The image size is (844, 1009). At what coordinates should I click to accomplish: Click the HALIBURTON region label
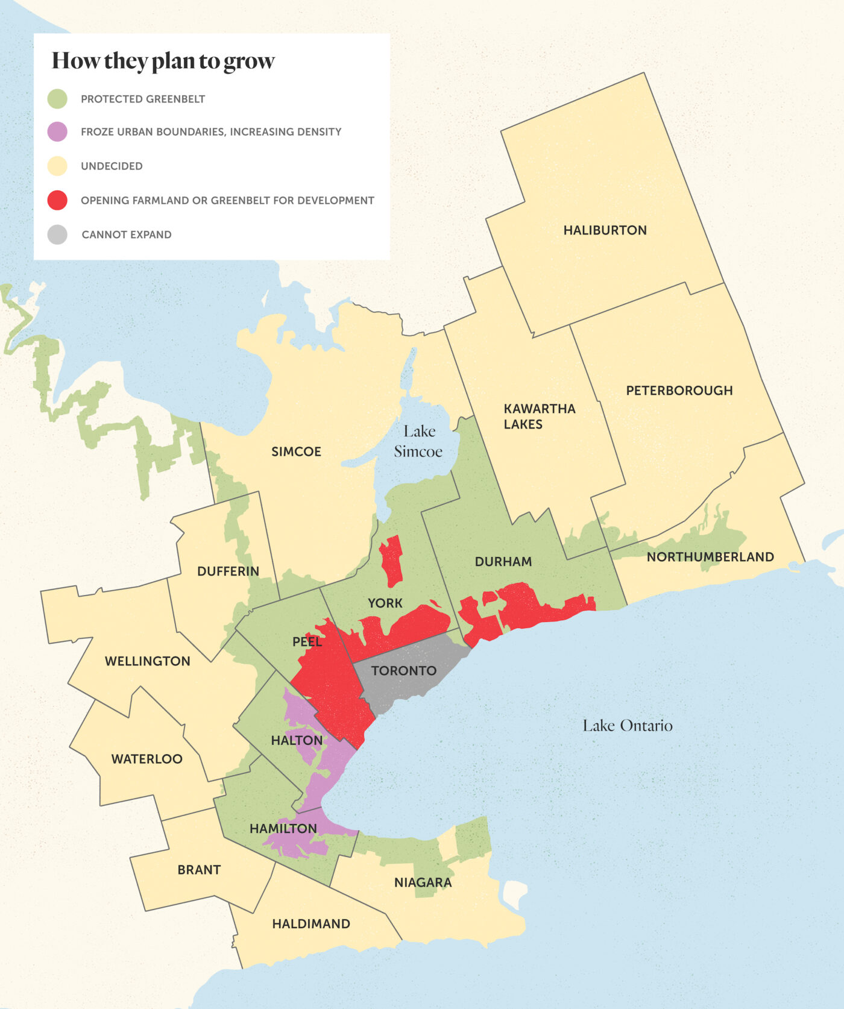pyautogui.click(x=605, y=230)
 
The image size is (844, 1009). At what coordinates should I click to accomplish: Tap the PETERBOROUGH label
pyautogui.click(x=679, y=391)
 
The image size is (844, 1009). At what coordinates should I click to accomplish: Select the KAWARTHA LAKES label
pyautogui.click(x=539, y=416)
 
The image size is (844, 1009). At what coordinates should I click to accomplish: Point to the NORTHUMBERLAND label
pyautogui.click(x=710, y=557)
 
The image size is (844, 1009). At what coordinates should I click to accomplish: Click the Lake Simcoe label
pyautogui.click(x=418, y=441)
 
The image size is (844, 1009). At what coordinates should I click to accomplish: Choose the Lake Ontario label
pyautogui.click(x=627, y=726)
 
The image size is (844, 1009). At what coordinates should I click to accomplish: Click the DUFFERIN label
pyautogui.click(x=228, y=571)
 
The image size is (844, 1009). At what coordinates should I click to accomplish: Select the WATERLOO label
pyautogui.click(x=146, y=759)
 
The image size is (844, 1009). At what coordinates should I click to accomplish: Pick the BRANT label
pyautogui.click(x=199, y=870)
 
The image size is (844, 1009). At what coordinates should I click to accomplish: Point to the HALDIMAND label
pyautogui.click(x=310, y=924)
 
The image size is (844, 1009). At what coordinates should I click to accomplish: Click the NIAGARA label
pyautogui.click(x=423, y=883)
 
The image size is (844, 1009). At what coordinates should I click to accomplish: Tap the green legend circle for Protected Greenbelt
pyautogui.click(x=57, y=99)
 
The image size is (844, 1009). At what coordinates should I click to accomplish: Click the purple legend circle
pyautogui.click(x=57, y=132)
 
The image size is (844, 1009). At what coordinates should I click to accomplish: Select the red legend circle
pyautogui.click(x=57, y=200)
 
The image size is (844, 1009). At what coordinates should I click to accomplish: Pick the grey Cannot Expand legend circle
pyautogui.click(x=57, y=234)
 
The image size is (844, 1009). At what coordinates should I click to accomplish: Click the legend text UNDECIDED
pyautogui.click(x=112, y=166)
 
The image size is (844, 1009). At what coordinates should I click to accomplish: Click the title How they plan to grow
pyautogui.click(x=163, y=61)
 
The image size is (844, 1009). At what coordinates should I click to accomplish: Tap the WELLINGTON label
pyautogui.click(x=147, y=661)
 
